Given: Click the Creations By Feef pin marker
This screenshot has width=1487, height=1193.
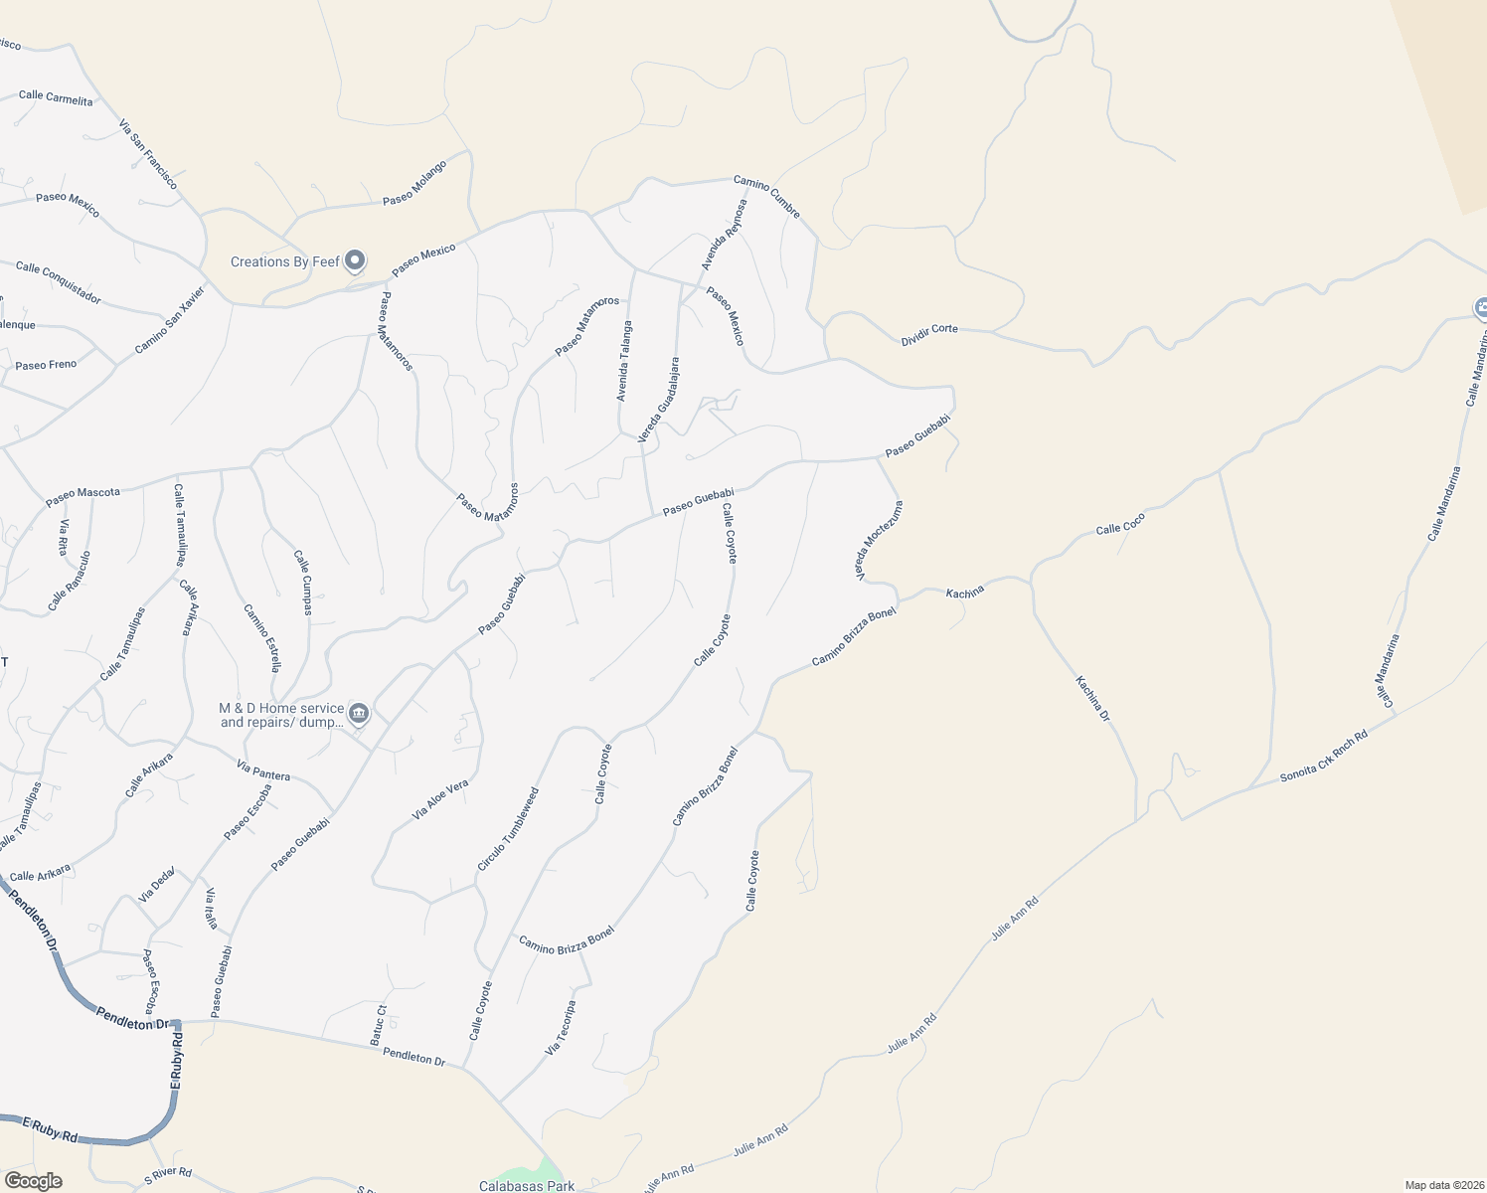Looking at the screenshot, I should coord(355,261).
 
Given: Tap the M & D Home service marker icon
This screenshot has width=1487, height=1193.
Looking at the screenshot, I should coord(359,713).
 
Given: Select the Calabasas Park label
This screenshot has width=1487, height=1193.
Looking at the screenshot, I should coord(527,1186).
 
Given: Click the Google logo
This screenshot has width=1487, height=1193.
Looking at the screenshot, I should coord(33,1181).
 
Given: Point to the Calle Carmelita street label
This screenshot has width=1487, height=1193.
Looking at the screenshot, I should coord(56,97).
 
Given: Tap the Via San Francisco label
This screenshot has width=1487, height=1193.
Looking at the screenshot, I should coord(148,155).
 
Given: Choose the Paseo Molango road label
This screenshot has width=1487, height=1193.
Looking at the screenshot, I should coord(414,183).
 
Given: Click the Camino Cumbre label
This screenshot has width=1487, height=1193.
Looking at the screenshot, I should coord(766,196).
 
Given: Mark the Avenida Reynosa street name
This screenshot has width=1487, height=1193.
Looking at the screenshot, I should coord(724,235).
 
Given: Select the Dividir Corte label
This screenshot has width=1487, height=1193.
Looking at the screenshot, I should coord(929,335).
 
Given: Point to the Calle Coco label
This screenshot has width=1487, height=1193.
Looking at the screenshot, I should coord(1120,523).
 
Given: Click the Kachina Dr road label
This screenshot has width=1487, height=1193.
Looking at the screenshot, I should coord(1092,698).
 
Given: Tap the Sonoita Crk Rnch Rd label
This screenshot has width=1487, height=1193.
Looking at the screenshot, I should coord(1324,756).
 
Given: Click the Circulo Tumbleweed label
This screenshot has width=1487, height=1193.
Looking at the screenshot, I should coord(508,829).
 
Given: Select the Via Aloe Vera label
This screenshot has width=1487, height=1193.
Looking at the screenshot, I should coord(440,800).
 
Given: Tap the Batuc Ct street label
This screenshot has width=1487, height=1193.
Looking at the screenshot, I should coord(379,1024).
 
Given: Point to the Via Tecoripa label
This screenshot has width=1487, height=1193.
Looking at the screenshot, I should coord(561,1028).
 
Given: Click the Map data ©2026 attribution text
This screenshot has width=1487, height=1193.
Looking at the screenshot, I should coord(1443,1185).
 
